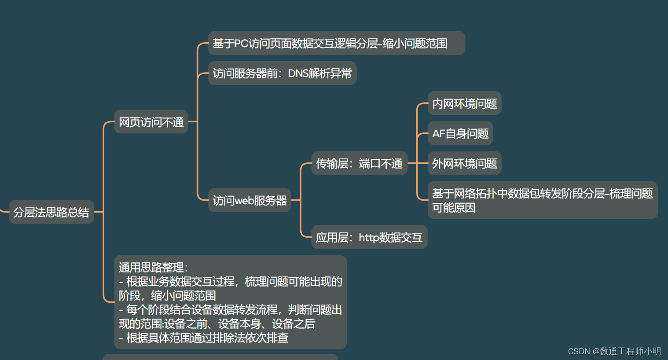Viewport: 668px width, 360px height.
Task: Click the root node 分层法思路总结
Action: coord(51,212)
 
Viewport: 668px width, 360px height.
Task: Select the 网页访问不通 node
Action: coord(151,122)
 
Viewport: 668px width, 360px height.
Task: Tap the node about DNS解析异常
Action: coord(282,73)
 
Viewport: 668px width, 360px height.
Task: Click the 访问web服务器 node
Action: coord(250,200)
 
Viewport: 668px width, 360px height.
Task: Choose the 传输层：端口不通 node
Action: coord(359,163)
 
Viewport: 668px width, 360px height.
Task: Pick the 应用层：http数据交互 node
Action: coord(369,237)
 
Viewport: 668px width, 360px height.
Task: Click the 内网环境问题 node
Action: coord(464,103)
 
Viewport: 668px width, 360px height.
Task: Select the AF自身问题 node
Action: coord(460,133)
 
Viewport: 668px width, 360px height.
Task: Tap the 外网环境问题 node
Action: coord(464,163)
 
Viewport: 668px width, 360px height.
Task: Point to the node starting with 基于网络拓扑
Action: coord(542,200)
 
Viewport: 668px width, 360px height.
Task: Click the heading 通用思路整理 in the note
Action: coord(153,267)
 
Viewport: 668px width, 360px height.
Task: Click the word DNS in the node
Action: coord(298,73)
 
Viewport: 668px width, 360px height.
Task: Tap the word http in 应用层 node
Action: coord(368,238)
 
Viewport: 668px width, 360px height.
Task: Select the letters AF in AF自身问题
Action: coord(439,133)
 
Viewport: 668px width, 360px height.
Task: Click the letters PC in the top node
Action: coord(241,43)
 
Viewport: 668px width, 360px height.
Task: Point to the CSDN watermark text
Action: coord(614,351)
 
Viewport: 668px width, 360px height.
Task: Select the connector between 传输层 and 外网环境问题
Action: coord(417,163)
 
